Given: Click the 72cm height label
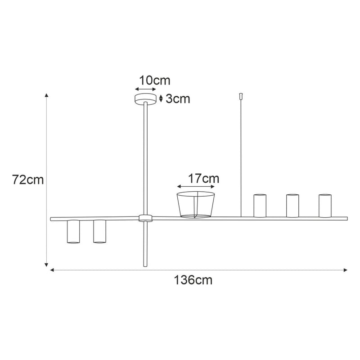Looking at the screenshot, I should click(x=28, y=180).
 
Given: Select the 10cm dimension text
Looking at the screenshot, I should click(x=154, y=81).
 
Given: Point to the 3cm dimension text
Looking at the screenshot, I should click(x=178, y=99).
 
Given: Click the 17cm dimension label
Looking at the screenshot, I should click(x=203, y=178).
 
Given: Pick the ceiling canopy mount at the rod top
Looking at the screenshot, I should click(x=145, y=99).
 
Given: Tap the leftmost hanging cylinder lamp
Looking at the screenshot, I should click(x=73, y=232).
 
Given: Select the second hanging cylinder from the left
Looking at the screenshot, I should click(x=99, y=232).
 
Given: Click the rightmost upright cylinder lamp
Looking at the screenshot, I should click(x=325, y=206).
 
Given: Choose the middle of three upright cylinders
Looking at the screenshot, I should click(x=292, y=206).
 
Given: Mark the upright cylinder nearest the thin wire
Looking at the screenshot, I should click(x=260, y=206).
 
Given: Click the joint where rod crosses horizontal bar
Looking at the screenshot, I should click(x=145, y=218).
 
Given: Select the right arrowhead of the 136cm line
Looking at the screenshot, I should click(x=345, y=270).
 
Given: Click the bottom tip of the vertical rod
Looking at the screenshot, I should click(x=145, y=266).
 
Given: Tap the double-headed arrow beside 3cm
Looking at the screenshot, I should click(x=161, y=99).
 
